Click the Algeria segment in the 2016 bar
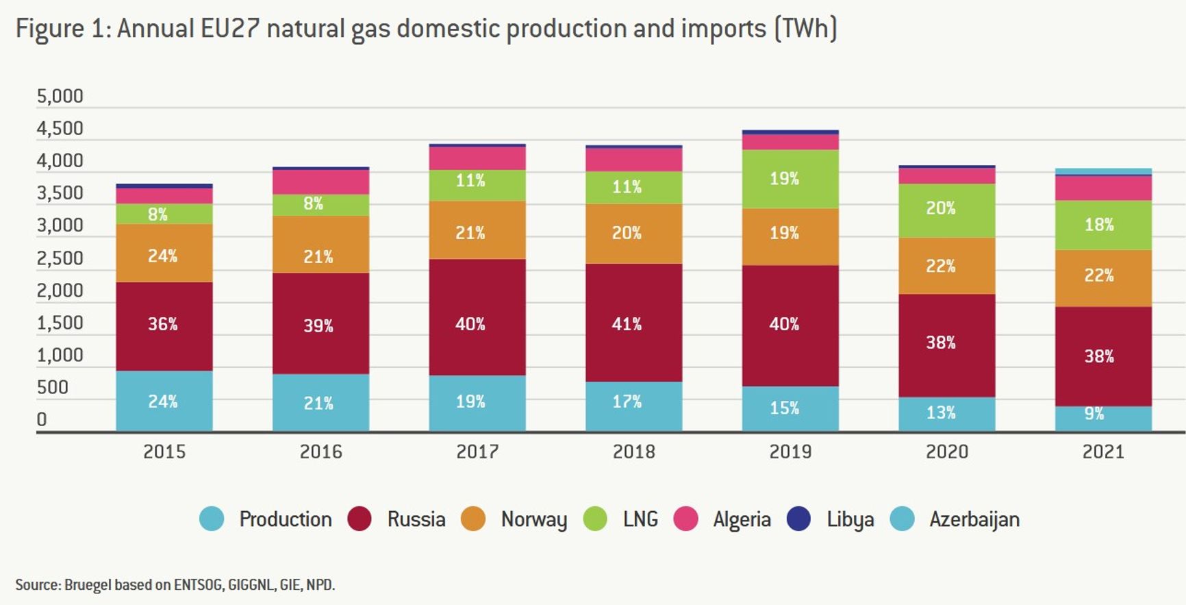coord(320,182)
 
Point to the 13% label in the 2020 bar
coord(940,412)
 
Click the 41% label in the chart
coord(627,324)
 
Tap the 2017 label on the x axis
coord(477,452)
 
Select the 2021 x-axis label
coord(1103,452)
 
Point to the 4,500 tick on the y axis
coord(60,128)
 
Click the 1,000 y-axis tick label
coord(60,355)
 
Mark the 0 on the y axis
coord(42,419)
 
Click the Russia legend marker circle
coord(359,519)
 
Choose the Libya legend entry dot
coord(798,519)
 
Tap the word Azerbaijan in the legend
coord(974,519)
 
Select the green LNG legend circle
coord(595,519)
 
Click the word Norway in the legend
coord(534,519)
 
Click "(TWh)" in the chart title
coord(805,29)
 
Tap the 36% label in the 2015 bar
coord(163,324)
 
